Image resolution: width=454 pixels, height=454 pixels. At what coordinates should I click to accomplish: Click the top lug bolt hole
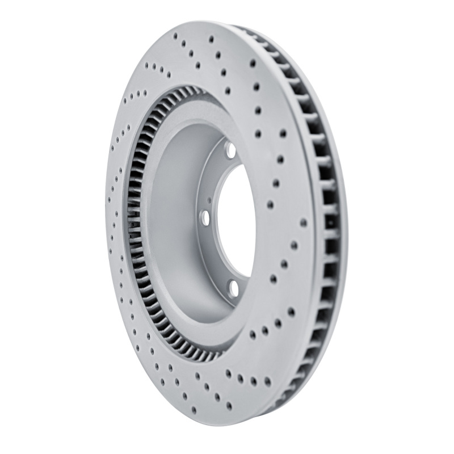coord(230,150)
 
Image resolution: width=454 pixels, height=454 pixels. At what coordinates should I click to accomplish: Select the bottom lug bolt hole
coord(233,288)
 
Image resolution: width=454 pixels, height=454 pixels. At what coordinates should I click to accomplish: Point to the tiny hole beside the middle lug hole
coord(209,200)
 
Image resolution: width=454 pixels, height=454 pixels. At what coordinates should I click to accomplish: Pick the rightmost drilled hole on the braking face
coord(303,222)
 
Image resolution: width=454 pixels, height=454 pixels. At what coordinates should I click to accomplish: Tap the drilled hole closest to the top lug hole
coord(258,134)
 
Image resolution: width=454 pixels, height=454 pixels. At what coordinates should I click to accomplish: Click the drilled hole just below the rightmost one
coord(294,245)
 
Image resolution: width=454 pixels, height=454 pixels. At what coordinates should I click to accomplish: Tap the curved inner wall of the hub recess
coord(170,227)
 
